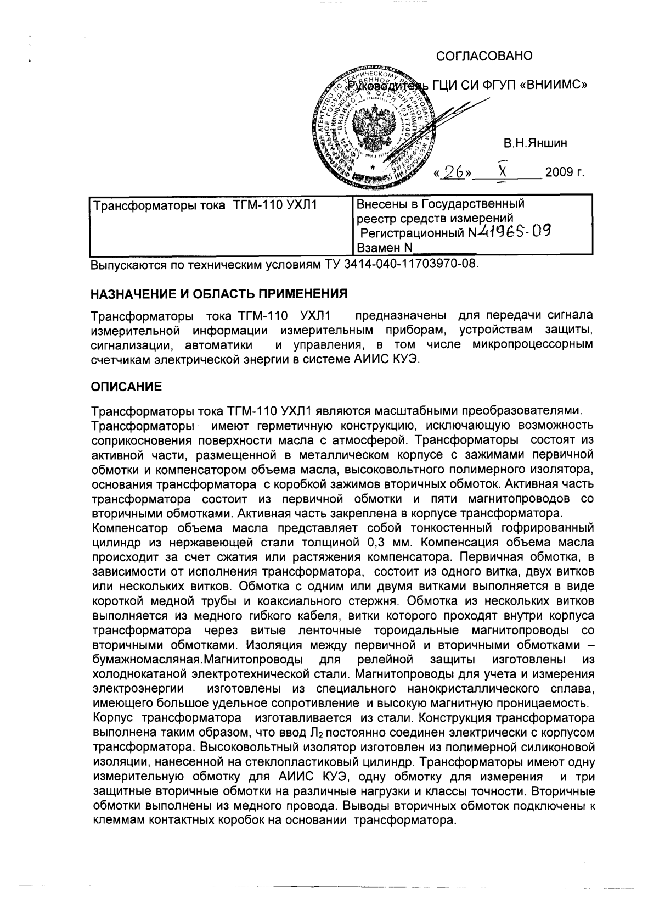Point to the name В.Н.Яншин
point(536,144)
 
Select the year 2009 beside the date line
point(559,174)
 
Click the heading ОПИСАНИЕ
point(126,387)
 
